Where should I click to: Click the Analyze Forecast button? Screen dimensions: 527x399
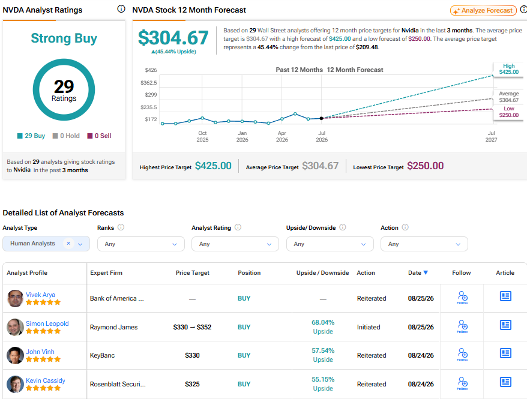tap(483, 10)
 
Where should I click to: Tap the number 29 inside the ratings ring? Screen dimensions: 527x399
tap(64, 86)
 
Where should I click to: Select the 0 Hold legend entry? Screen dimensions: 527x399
tap(66, 136)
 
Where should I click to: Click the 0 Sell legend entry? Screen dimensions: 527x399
tap(99, 136)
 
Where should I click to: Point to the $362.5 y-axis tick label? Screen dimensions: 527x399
tap(148, 83)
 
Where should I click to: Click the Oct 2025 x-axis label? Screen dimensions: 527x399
tap(202, 136)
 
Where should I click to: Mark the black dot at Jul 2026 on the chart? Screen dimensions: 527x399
tap(321, 118)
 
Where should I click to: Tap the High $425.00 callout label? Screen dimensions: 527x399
tap(508, 69)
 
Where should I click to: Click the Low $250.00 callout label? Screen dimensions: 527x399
tap(508, 112)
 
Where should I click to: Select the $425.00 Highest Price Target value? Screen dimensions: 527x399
tap(213, 166)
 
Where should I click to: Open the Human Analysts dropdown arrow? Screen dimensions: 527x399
tap(80, 244)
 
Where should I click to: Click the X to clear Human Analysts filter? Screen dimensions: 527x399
tap(68, 243)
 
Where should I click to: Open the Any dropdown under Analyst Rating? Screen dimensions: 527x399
tap(235, 244)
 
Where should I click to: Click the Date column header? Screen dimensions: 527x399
tap(418, 273)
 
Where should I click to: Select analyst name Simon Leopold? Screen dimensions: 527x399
tap(47, 323)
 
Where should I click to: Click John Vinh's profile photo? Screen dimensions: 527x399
tap(15, 355)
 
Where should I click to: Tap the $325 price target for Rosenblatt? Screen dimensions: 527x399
tap(192, 384)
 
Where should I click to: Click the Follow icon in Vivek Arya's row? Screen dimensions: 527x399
tap(462, 298)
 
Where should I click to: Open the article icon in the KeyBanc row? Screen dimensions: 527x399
tap(505, 353)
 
